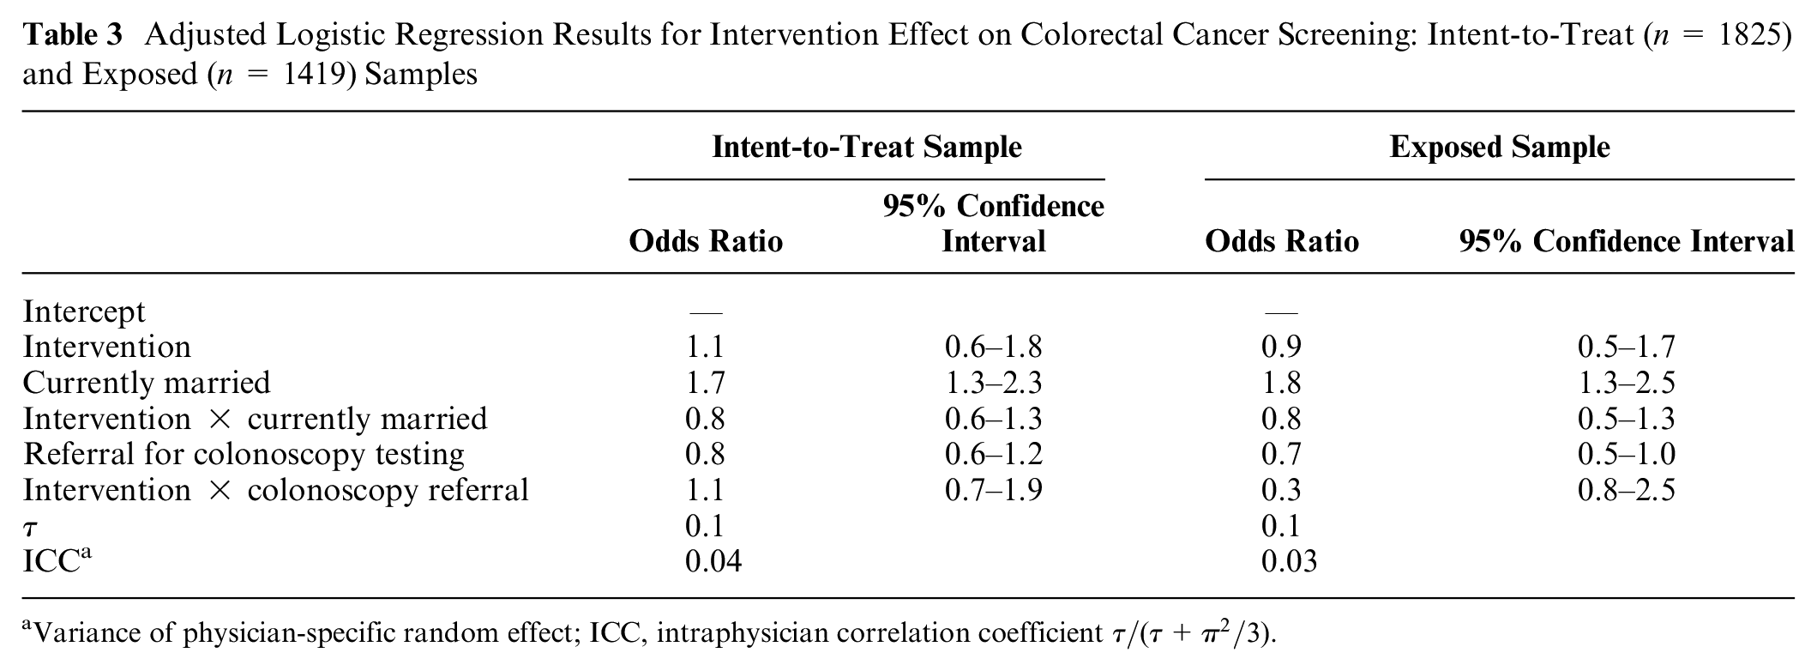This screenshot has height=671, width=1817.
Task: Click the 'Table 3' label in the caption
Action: tap(73, 35)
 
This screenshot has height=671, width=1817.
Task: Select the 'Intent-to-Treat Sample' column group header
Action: tap(867, 148)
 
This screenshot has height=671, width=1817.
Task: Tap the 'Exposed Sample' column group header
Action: tap(1500, 148)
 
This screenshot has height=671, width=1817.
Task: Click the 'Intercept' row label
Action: tap(84, 311)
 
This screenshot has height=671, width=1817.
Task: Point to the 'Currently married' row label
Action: tap(147, 383)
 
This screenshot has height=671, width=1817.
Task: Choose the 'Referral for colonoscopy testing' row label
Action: tap(244, 454)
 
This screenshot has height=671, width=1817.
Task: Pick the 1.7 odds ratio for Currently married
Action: tap(705, 383)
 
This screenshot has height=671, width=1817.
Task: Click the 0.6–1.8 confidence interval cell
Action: tap(994, 347)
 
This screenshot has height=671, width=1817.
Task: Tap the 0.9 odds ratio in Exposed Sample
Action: tap(1281, 347)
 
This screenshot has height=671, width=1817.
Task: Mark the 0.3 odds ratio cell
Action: tap(1281, 490)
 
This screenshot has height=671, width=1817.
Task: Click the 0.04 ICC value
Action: tap(713, 561)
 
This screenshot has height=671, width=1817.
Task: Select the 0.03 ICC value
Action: tap(1290, 561)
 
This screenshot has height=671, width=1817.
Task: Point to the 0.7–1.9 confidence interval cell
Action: tap(994, 490)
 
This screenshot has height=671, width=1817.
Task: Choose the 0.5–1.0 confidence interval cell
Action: tap(1627, 454)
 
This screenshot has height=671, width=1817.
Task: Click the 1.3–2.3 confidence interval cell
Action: tap(994, 383)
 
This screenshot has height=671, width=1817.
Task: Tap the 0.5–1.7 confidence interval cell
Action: tap(1627, 347)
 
